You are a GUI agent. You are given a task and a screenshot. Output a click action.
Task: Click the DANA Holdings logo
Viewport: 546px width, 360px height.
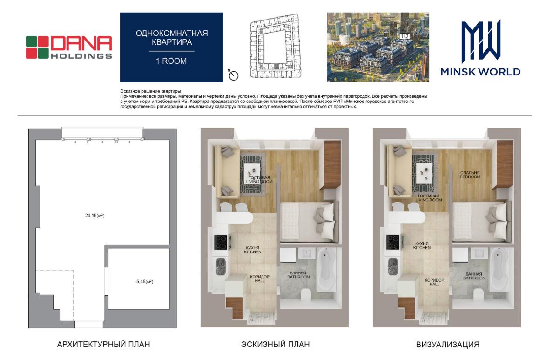(69, 48)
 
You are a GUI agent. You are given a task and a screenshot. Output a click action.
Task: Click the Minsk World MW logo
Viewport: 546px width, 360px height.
(480, 48)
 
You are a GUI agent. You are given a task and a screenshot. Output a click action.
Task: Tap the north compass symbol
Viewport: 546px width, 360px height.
(233, 75)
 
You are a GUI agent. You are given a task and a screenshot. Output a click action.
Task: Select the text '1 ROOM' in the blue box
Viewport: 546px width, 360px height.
(171, 61)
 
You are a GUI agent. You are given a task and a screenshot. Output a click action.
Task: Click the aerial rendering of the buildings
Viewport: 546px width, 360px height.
(378, 48)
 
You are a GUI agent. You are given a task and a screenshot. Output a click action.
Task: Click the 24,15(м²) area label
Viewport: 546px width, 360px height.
(94, 215)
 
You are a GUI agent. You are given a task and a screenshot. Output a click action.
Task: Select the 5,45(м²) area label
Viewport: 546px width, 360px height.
(144, 281)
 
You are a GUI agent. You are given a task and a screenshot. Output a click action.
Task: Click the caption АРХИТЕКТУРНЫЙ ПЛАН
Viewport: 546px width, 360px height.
(103, 344)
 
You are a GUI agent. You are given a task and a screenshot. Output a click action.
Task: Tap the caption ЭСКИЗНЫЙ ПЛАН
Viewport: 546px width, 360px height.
(275, 344)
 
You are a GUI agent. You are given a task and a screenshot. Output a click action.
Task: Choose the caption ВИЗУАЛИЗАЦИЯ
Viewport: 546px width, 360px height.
(447, 345)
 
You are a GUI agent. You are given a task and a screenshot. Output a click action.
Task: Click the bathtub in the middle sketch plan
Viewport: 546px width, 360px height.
(326, 269)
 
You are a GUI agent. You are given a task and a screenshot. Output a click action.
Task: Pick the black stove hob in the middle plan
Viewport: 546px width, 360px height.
(221, 242)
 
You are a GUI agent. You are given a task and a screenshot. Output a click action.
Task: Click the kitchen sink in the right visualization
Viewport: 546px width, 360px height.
(393, 266)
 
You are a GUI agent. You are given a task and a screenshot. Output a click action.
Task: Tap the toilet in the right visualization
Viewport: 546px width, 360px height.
(479, 294)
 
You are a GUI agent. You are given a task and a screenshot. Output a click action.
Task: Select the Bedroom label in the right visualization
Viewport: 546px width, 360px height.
(470, 175)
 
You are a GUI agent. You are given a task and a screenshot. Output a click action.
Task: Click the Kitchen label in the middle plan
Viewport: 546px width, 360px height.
(252, 250)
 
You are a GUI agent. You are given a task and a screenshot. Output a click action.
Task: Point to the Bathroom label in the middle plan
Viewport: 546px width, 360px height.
(298, 275)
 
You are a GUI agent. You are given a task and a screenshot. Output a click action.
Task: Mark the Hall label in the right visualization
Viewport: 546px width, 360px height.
(434, 282)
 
